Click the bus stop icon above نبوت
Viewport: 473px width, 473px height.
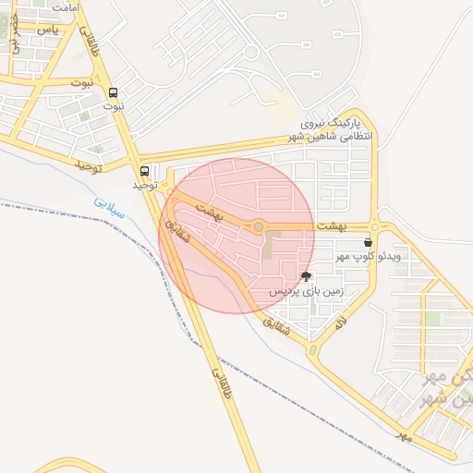coord(114,92)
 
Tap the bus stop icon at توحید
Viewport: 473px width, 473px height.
coord(144,171)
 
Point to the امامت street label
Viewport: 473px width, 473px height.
coord(66,7)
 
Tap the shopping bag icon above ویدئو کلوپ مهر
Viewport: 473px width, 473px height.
coord(369,242)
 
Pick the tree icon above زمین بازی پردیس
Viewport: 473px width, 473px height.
coord(306,276)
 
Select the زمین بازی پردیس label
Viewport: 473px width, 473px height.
coord(306,290)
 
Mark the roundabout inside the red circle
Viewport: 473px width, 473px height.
coord(259,226)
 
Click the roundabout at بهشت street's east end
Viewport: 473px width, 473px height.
coord(375,226)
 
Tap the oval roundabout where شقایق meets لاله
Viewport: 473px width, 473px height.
coord(312,350)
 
